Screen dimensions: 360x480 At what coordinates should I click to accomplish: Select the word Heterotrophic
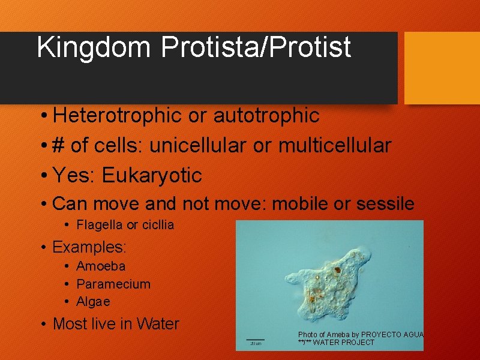tap(118, 116)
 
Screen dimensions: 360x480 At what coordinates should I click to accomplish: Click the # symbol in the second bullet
tap(58, 145)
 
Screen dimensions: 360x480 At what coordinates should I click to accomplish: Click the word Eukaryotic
tap(152, 175)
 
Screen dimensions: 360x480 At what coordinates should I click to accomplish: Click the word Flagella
tap(100, 225)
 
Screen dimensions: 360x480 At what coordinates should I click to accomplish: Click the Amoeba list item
tap(101, 266)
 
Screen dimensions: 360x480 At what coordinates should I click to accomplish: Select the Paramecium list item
tap(113, 284)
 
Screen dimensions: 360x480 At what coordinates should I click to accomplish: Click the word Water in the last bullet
tap(158, 324)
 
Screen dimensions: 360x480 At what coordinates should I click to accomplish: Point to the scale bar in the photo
tap(256, 340)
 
